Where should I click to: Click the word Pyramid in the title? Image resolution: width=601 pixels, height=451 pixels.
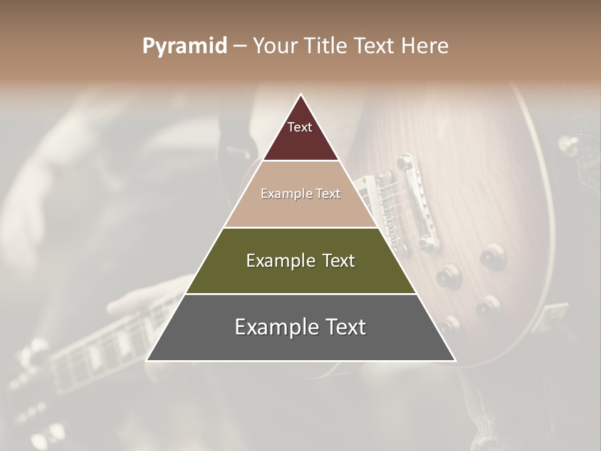(185, 46)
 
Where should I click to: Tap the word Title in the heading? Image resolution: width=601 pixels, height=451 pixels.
(330, 46)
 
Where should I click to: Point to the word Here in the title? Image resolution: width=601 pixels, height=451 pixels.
(425, 46)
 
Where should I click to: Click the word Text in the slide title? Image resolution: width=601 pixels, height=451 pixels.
(376, 46)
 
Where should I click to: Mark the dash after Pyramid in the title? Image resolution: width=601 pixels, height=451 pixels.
(240, 46)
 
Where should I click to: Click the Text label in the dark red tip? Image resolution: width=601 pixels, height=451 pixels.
(300, 127)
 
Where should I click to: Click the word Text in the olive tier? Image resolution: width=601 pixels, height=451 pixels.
(339, 261)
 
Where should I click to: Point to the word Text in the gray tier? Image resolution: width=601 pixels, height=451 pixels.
(345, 327)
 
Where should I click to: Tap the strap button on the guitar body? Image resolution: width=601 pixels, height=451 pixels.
(568, 145)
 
